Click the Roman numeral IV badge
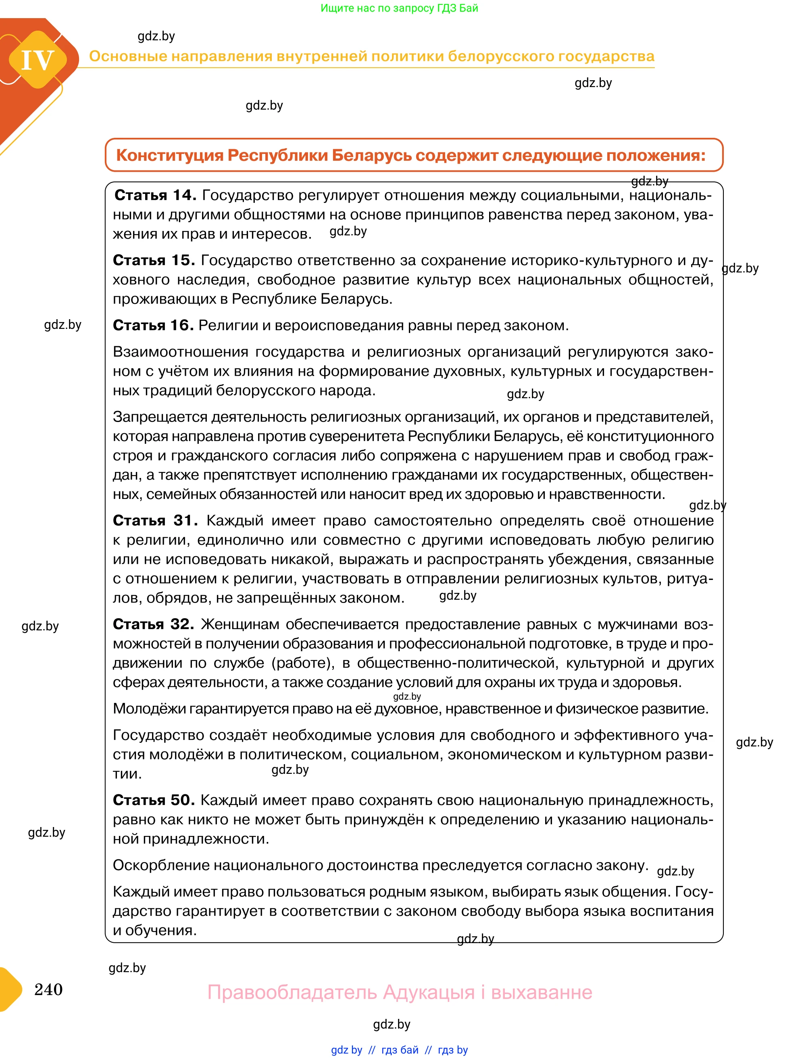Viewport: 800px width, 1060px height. click(37, 60)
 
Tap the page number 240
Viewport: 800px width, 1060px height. click(48, 989)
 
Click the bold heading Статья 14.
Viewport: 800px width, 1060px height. click(155, 195)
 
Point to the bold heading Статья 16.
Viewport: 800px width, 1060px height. click(153, 325)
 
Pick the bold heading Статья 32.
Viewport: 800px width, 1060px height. click(153, 624)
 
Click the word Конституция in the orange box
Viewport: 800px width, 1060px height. click(170, 155)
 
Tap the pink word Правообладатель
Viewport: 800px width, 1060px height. click(292, 992)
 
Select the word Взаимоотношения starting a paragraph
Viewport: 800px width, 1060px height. click(180, 352)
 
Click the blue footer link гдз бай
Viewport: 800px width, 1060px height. click(400, 1050)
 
